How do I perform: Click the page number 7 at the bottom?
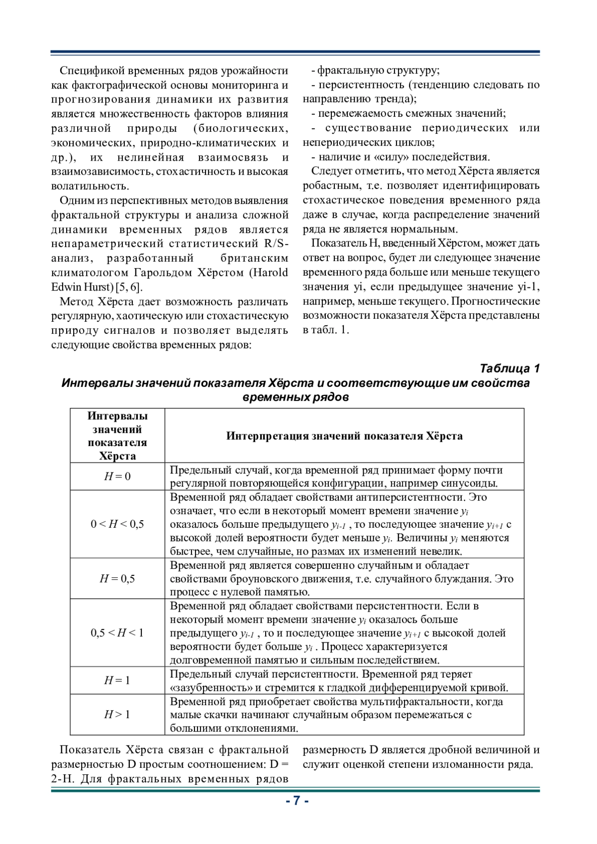click(297, 800)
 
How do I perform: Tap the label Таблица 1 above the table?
click(509, 369)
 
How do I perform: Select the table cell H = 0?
click(117, 476)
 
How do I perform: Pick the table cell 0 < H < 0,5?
click(117, 524)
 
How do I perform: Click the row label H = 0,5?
click(117, 578)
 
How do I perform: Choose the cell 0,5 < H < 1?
click(117, 633)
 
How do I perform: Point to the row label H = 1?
click(117, 680)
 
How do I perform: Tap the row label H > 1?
click(117, 714)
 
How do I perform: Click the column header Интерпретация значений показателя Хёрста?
click(344, 436)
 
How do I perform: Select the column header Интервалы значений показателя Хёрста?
click(117, 436)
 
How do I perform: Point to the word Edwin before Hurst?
click(66, 287)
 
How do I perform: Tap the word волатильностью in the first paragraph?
click(90, 186)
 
